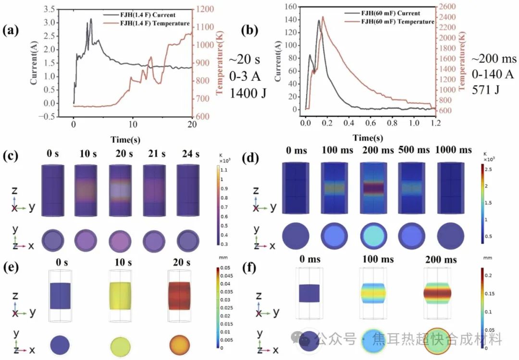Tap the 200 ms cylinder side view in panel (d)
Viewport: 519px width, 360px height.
click(373, 188)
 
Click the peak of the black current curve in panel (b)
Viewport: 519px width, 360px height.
click(319, 20)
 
